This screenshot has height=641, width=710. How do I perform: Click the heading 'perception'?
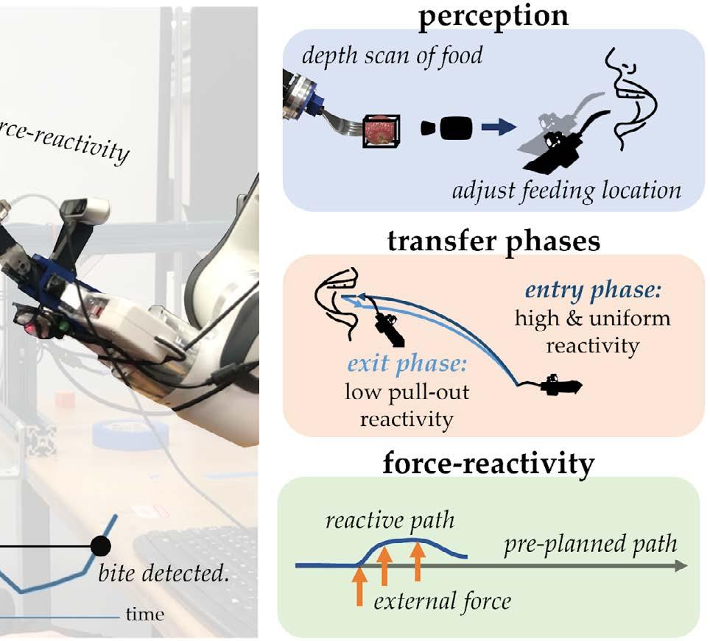click(493, 15)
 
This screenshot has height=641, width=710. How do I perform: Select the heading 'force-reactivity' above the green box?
click(488, 464)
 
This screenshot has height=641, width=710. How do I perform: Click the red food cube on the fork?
click(382, 130)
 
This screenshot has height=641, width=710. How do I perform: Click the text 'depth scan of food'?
click(393, 54)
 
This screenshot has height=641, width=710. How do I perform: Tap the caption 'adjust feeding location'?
click(566, 191)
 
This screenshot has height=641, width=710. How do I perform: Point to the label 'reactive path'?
click(390, 521)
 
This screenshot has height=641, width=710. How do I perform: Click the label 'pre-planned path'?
click(590, 545)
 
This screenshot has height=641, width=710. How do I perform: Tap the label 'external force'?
click(442, 601)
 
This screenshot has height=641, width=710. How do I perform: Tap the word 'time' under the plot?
click(145, 615)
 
